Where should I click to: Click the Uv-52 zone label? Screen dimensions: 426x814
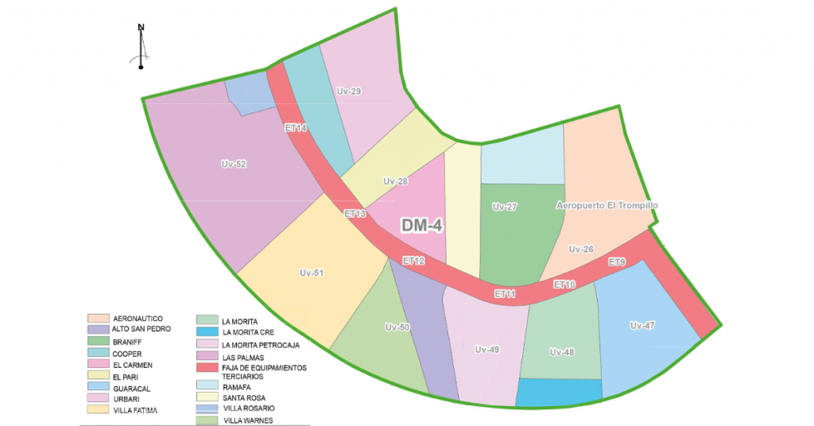[x=234, y=165]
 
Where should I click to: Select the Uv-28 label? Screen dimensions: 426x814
[x=395, y=181]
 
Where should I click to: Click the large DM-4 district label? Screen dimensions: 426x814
[x=421, y=226]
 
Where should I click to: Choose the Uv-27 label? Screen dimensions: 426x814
[x=505, y=207]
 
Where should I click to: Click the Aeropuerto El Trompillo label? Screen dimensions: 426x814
[x=607, y=206]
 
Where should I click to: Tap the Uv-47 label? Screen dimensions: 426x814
[x=642, y=325]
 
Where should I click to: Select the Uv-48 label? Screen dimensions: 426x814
[x=561, y=352]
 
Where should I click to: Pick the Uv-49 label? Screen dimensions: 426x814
[x=486, y=349]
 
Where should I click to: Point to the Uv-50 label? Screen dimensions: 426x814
[x=397, y=327]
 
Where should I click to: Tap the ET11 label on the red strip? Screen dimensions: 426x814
[x=505, y=294]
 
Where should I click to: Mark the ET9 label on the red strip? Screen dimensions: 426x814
[x=617, y=261]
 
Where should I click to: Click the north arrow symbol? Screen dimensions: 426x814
[x=141, y=48]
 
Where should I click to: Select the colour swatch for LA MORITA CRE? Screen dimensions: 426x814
[x=206, y=331]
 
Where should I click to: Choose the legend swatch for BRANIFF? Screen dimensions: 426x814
[x=98, y=341]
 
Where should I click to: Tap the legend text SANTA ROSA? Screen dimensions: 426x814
[x=244, y=397]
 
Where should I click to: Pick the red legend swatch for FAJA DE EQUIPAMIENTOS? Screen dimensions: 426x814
[x=206, y=368]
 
